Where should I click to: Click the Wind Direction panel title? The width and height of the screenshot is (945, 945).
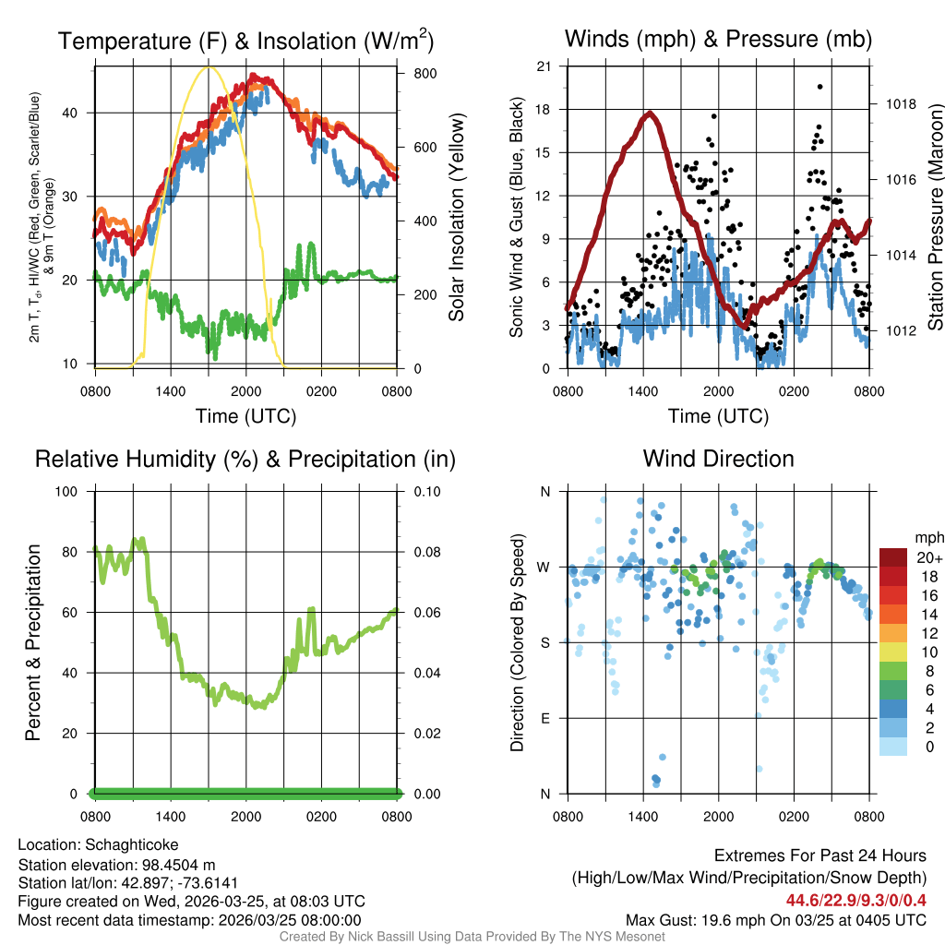coord(718,459)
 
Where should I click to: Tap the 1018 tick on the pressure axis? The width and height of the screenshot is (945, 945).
coord(901,103)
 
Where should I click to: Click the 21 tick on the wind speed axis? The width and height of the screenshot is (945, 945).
coord(544,66)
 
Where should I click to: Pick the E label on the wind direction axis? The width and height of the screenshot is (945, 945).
coord(544,718)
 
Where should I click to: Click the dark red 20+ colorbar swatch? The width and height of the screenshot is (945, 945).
coord(894,557)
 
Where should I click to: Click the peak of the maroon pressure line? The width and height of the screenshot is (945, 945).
coord(651,113)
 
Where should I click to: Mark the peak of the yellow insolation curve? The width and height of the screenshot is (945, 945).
coord(209,66)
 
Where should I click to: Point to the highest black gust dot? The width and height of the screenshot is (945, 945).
coord(819,86)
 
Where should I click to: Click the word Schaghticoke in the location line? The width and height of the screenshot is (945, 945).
coord(131,844)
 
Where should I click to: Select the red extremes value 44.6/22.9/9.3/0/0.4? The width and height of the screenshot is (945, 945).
coord(856,901)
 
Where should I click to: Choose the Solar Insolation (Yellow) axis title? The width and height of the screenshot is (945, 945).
coord(456,217)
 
